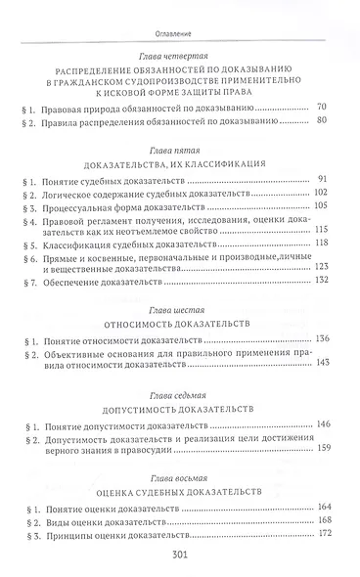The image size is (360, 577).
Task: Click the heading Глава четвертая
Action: [179, 59]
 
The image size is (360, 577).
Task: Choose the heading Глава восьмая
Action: [179, 478]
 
